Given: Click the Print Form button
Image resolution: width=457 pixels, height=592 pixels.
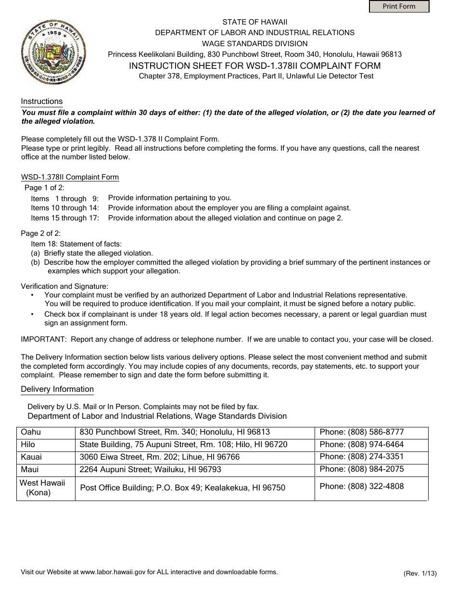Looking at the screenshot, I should coord(399,6).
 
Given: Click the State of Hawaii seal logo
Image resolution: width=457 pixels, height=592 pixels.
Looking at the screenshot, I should coord(53,52).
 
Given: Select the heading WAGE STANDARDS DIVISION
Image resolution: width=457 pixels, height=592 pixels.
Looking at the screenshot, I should coord(254,43).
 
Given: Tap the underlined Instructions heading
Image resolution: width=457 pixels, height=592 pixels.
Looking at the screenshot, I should coord(42,102).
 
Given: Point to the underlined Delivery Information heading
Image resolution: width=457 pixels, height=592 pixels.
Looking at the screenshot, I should coord(57,389).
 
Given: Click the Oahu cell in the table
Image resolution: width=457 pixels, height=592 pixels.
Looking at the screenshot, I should coord(31,432).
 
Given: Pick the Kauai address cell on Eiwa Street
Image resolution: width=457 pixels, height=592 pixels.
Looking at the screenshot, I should coord(160,457).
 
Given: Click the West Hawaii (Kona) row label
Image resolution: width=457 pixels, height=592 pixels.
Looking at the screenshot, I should coord(42,488).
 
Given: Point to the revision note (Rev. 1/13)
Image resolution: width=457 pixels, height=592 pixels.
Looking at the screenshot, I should coord(420,573).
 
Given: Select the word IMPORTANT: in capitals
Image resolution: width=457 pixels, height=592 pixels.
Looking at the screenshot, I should coord(44,339).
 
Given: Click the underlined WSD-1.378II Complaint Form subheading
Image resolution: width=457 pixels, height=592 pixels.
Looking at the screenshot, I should coord(70,177).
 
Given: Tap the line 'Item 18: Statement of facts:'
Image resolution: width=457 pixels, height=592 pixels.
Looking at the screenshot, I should coord(76,244).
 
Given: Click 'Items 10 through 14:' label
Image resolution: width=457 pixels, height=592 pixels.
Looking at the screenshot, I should coord(65,208).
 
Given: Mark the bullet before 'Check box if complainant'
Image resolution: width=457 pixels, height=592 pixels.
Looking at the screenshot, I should coord(32,314).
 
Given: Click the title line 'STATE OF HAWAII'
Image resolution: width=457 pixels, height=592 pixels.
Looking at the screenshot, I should coord(254,22).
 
